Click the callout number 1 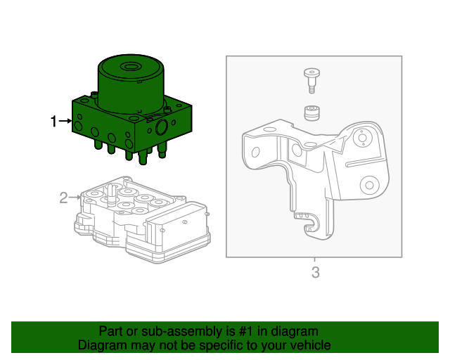click(x=53, y=122)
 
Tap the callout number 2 click(x=63, y=198)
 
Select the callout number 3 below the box click(x=315, y=272)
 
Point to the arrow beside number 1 click(x=65, y=122)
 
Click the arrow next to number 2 click(x=76, y=198)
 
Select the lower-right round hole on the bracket click(x=367, y=186)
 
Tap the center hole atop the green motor click(x=129, y=68)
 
